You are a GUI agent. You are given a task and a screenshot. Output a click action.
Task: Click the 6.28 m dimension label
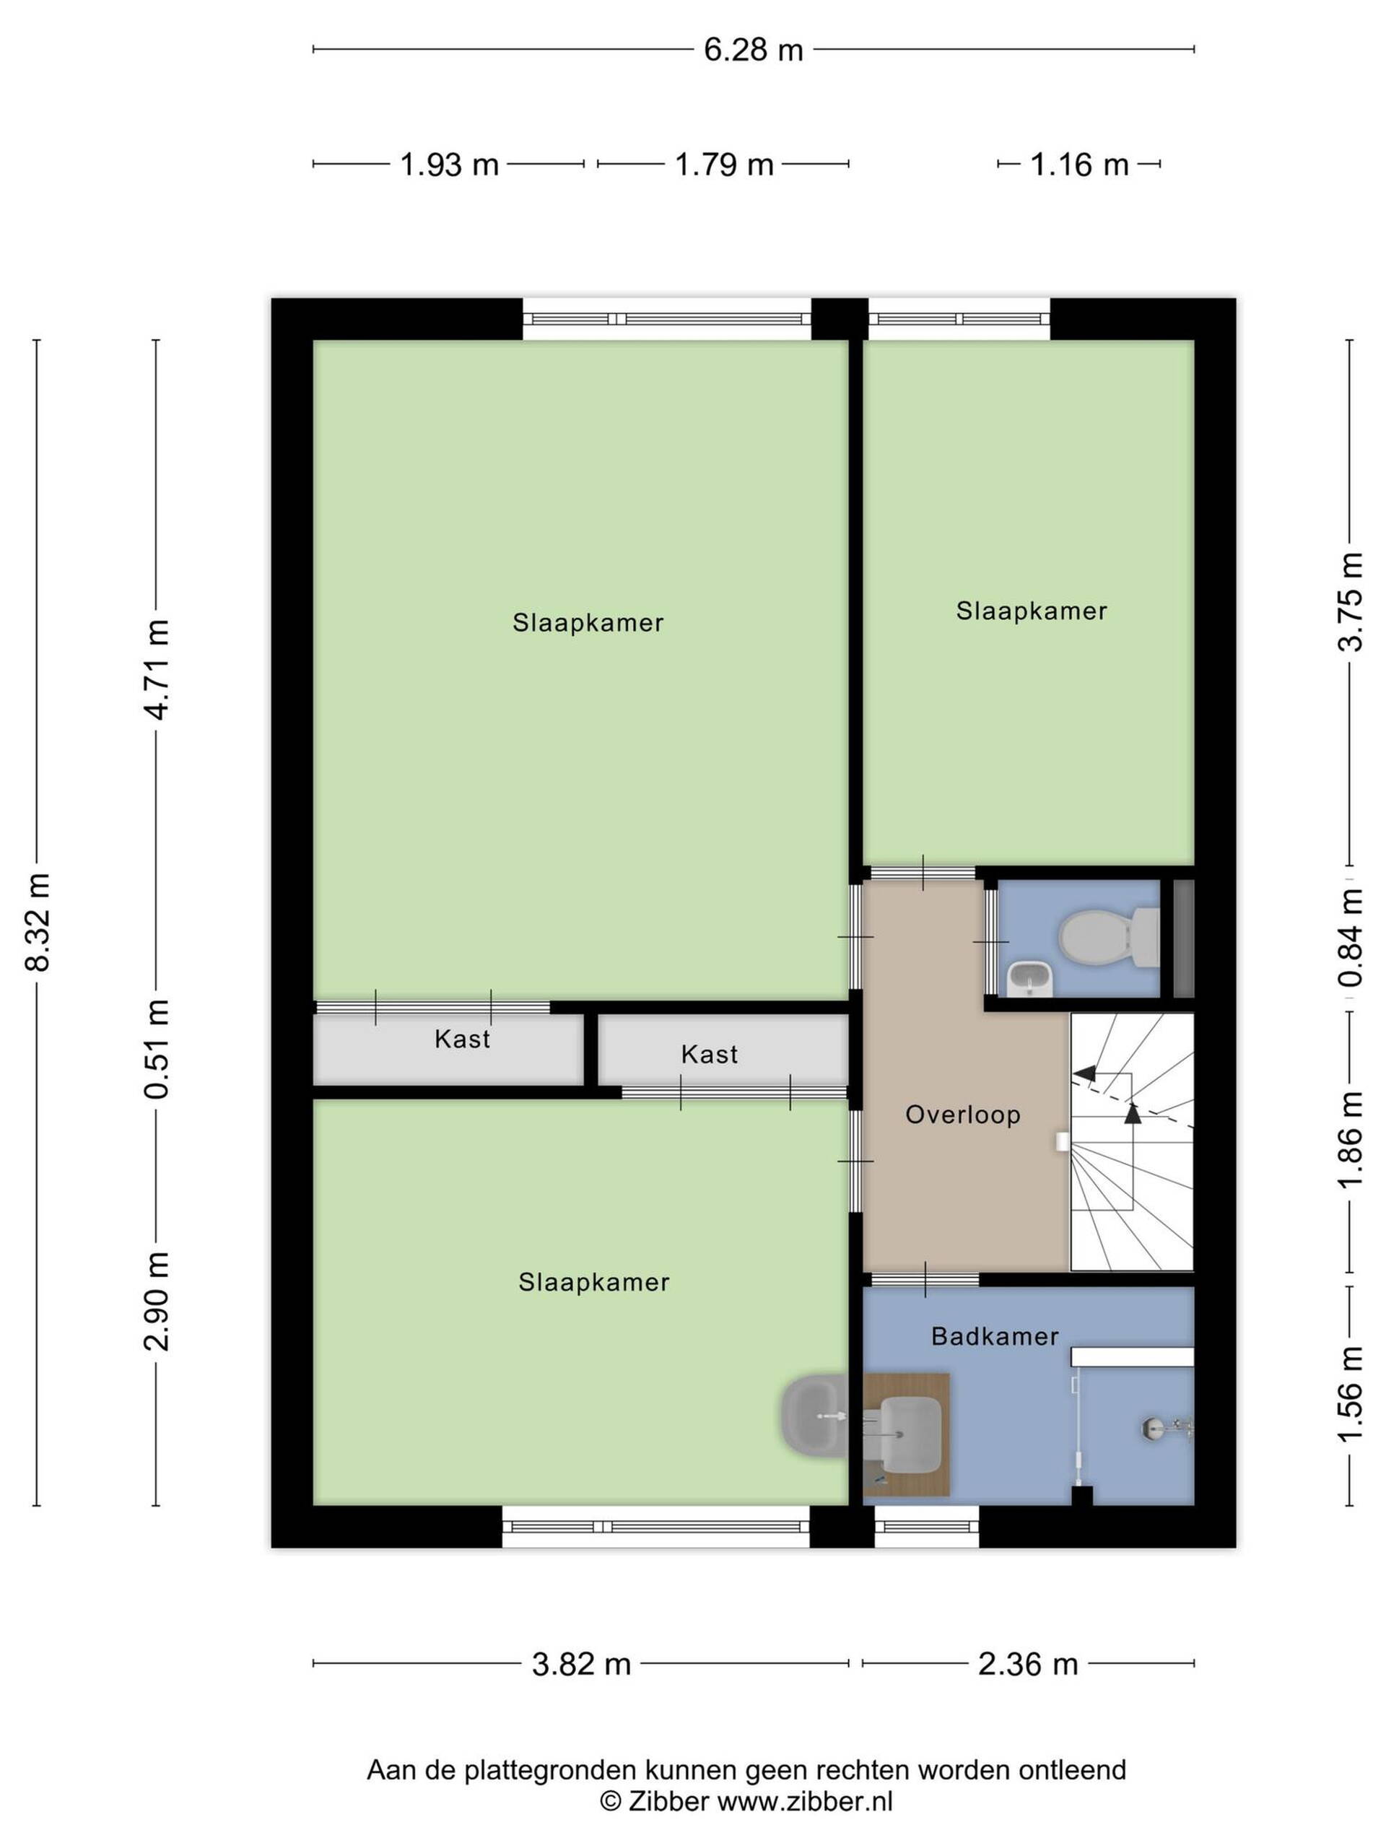(x=753, y=50)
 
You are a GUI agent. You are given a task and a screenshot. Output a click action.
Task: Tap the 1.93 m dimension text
(x=450, y=165)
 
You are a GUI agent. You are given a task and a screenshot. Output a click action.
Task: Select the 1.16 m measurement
(x=1079, y=165)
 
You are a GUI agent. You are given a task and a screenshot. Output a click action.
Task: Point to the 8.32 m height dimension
(x=38, y=922)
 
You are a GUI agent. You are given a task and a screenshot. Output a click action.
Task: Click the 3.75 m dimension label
(x=1351, y=601)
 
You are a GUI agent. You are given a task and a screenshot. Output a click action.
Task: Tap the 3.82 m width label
(x=581, y=1664)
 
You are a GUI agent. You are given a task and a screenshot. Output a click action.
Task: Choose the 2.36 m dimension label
(x=1029, y=1664)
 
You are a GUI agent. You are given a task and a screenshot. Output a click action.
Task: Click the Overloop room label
(x=963, y=1115)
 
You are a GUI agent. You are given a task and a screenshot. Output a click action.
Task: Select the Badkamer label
(x=995, y=1336)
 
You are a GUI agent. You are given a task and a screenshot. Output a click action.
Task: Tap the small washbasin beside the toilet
(x=1029, y=977)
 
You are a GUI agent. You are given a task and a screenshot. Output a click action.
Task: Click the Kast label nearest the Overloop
(x=710, y=1055)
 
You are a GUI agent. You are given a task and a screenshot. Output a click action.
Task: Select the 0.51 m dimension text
(x=157, y=1048)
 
